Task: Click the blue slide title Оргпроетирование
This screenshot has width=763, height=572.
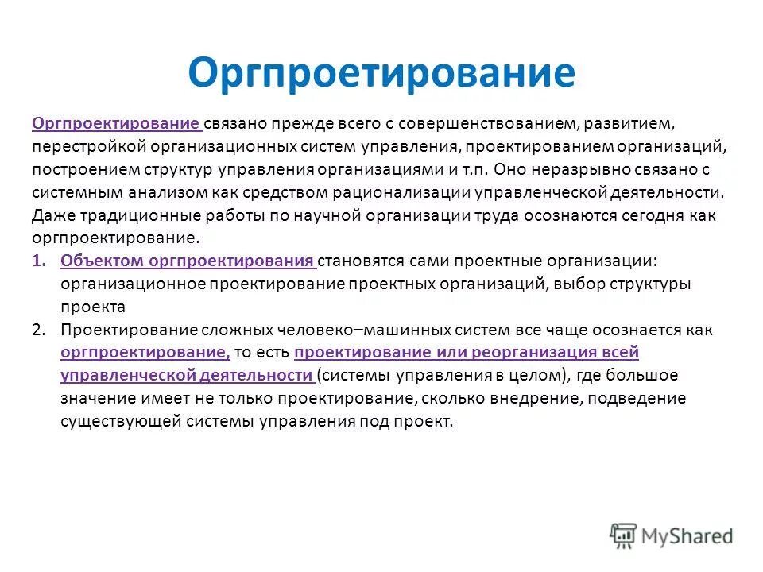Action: coord(381,72)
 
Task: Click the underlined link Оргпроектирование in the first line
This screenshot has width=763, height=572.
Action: coord(116,125)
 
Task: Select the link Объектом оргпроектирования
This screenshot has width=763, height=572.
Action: coord(187,261)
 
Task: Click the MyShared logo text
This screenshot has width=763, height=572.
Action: coord(687,535)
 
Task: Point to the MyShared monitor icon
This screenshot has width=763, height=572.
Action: coord(624,535)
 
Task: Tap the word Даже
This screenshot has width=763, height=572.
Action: coord(49,216)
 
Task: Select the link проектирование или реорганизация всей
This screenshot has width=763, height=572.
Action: coord(466,353)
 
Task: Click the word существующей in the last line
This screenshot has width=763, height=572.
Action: coord(121,422)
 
